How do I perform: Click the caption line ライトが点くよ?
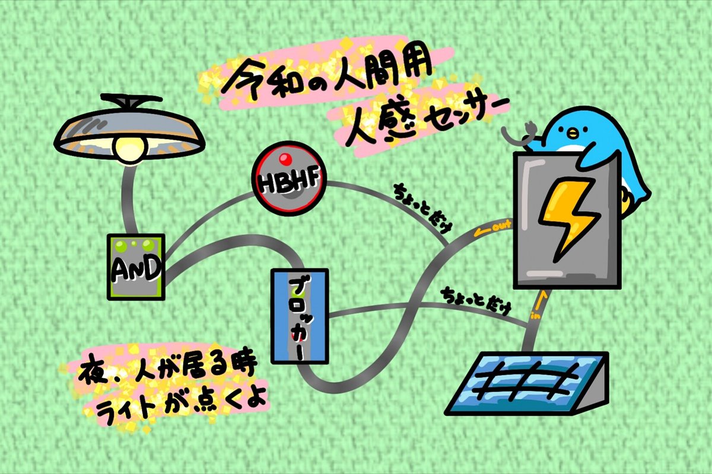click(x=178, y=397)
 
